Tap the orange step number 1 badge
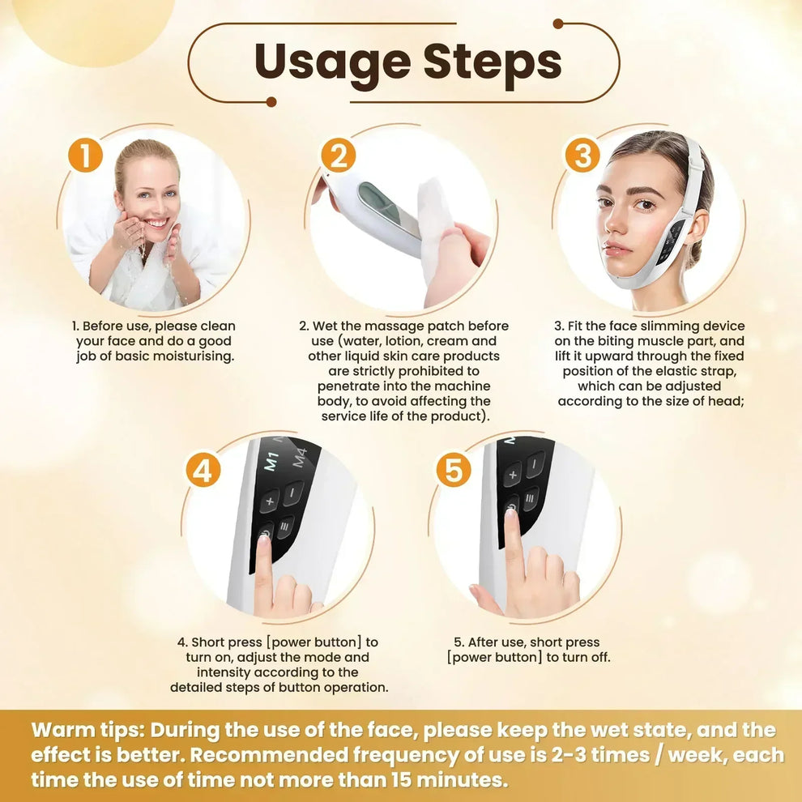pos(85,155)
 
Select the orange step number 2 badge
pos(338,155)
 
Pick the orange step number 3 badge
pos(582,155)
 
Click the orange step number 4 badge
pos(203,470)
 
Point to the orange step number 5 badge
pos(453,470)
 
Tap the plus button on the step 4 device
pos(269,501)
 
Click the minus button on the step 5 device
pos(535,465)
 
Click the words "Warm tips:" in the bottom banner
pos(87,729)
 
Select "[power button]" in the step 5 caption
pos(495,657)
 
